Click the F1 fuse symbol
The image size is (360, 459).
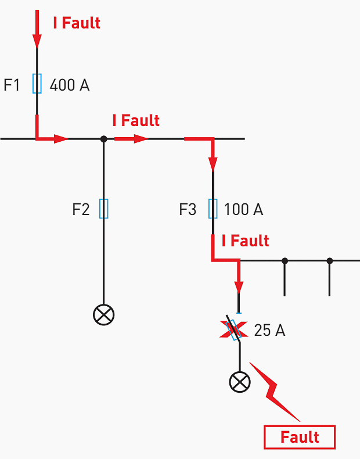coord(37,84)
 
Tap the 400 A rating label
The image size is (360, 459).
coord(69,85)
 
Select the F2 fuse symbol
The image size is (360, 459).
coord(103,209)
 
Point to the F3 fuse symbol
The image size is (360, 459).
coord(213,209)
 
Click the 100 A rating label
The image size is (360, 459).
coord(243,210)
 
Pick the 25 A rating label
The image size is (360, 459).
coord(269,331)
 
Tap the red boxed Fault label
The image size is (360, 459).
coord(300,437)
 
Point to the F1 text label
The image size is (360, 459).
coord(12,85)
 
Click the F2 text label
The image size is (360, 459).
coord(81,209)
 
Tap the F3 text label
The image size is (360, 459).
coord(188,210)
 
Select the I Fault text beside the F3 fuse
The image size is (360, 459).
coord(246,241)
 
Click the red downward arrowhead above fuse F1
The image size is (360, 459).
coord(37,41)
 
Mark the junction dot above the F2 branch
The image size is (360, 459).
coord(103,139)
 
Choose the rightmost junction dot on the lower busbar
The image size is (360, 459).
coord(329,261)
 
